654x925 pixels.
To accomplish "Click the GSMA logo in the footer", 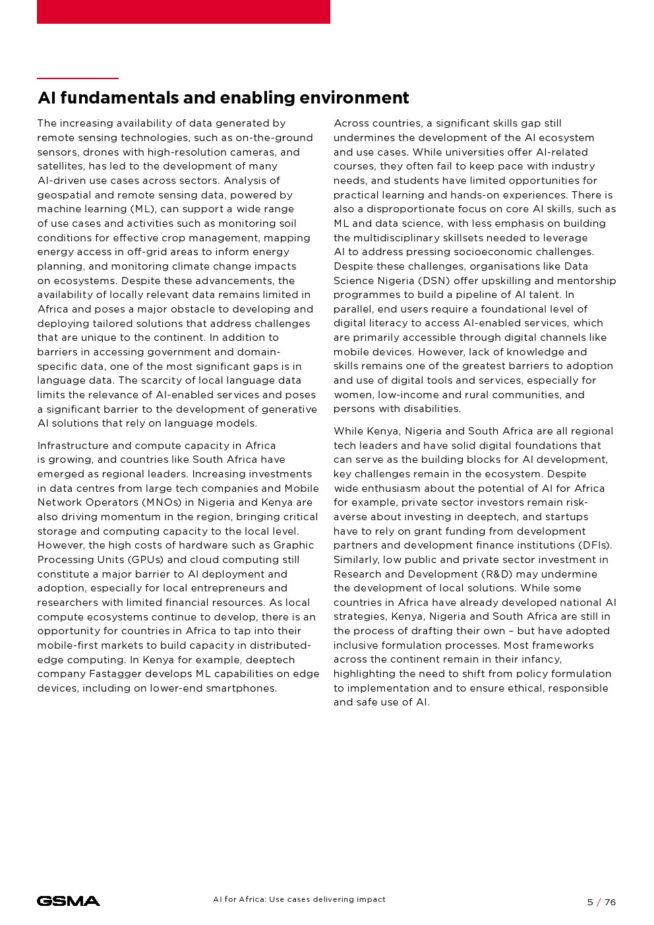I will [69, 901].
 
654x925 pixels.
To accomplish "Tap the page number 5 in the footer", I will [590, 902].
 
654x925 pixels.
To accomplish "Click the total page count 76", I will [610, 902].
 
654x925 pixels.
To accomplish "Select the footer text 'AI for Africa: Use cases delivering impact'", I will [299, 899].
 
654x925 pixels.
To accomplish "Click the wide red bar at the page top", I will [183, 11].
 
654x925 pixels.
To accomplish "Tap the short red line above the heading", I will [78, 78].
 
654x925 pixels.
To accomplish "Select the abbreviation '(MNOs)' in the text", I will [158, 502].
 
